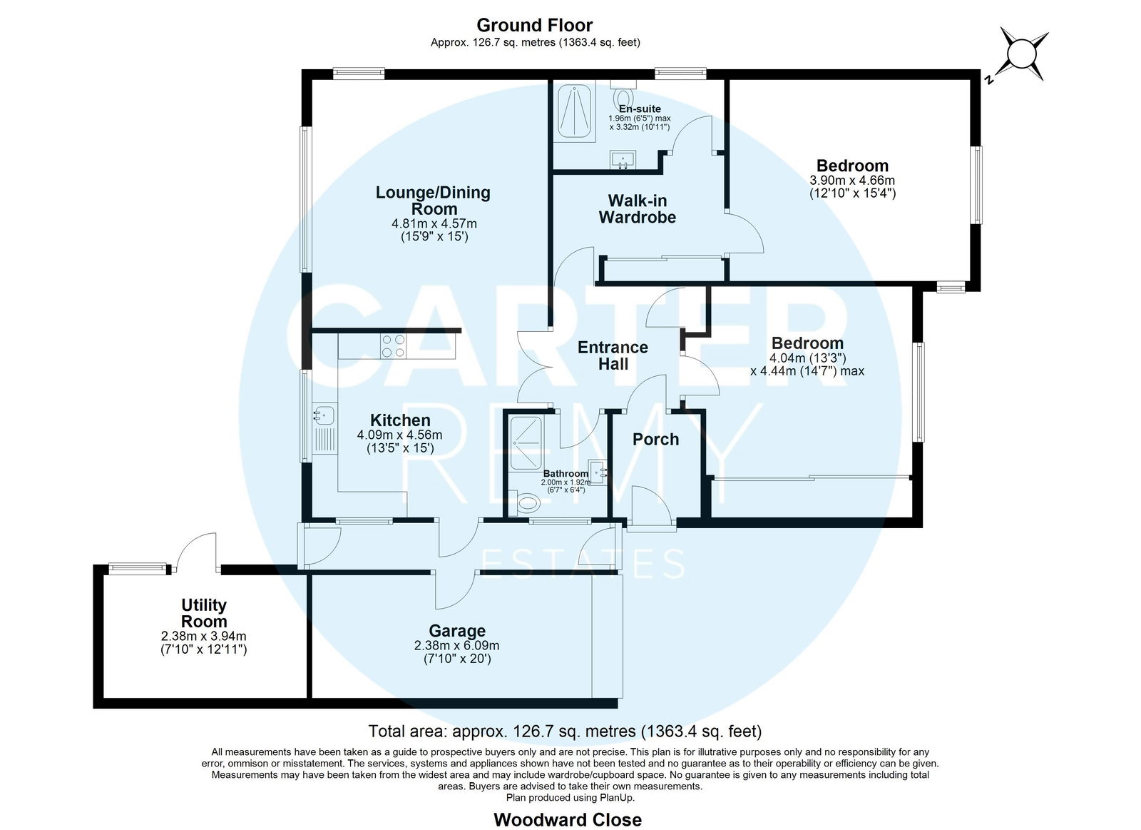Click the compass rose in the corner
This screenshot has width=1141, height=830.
point(1023,54)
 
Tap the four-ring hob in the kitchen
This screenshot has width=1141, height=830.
point(394,345)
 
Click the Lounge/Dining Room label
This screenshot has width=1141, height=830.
point(433,201)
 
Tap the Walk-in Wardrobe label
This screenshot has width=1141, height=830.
point(638,208)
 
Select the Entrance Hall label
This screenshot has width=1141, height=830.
point(613,355)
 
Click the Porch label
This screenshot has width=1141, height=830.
point(655,439)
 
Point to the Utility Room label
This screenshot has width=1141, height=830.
point(204,613)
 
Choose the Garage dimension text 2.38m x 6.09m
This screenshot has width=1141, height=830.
point(457,645)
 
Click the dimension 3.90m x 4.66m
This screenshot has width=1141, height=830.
point(852,180)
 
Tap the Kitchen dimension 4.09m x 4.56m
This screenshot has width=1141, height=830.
point(399,435)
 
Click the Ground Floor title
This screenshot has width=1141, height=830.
point(535,25)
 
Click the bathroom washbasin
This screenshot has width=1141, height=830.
point(598,472)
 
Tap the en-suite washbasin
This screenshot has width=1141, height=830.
point(623,160)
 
